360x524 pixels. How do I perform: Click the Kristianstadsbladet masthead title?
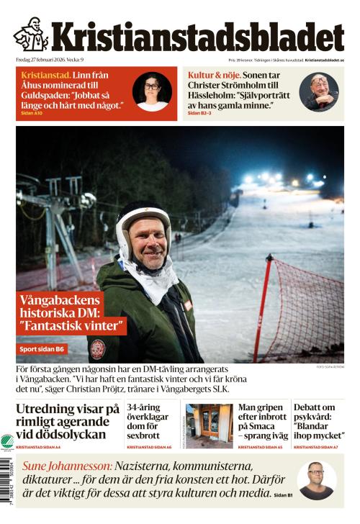point(197,37)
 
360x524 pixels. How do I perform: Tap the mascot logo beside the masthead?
point(30,34)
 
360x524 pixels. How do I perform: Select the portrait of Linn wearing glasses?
point(152,92)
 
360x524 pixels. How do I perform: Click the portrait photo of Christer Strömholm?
point(319,92)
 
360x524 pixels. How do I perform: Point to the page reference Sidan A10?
point(32,113)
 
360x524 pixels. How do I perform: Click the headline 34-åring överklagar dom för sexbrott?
point(150,420)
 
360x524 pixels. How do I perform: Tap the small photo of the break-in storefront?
point(209,425)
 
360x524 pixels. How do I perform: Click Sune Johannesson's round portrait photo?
point(316,480)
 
